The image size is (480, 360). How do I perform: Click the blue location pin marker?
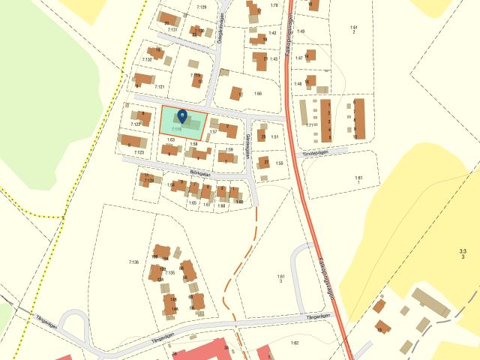181,117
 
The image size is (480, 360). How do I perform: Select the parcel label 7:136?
134,262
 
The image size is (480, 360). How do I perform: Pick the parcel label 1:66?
258,93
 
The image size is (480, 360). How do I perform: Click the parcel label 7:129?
201,7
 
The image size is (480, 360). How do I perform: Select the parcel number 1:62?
295,343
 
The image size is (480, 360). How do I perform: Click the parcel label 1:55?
278,163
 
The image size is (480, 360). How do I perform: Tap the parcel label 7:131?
173,29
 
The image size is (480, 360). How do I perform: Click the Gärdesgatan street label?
248,146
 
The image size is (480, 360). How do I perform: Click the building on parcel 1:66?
237,94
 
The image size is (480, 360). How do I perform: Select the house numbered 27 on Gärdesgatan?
264,162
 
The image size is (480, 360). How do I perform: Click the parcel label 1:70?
274,5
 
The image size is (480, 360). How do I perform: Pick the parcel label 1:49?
301,31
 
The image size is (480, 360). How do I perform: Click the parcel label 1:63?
171,139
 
